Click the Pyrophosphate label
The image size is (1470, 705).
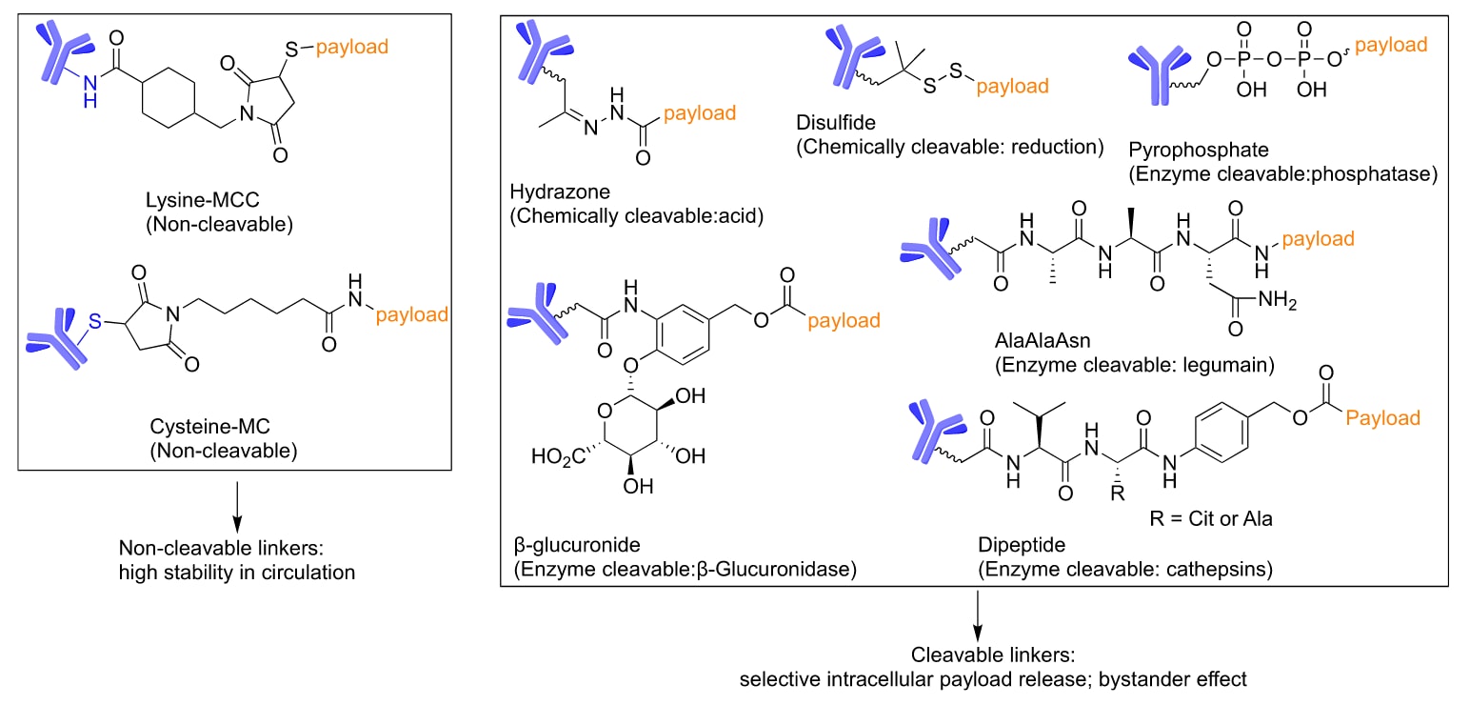(x=1186, y=151)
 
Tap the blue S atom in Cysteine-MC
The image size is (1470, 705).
(x=95, y=324)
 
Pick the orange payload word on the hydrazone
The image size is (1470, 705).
(x=699, y=113)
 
